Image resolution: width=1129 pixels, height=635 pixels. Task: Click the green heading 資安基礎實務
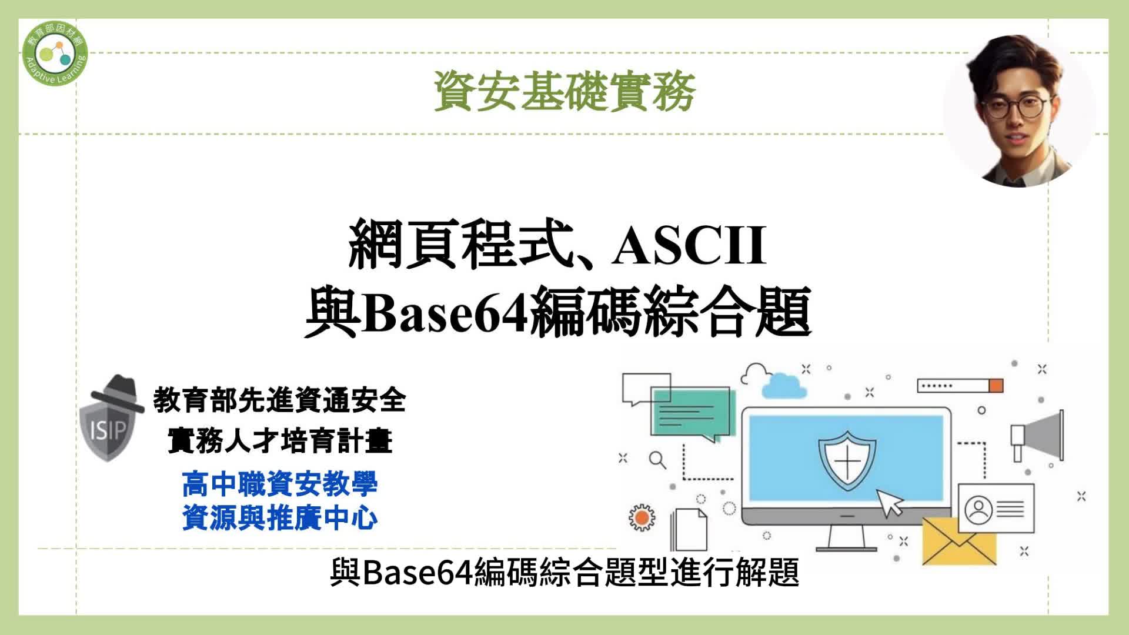click(x=564, y=91)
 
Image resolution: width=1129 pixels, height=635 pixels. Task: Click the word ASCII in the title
click(x=689, y=246)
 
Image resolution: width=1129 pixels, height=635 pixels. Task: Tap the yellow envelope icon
click(x=958, y=541)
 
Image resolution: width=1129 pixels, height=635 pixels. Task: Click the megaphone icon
click(x=1037, y=436)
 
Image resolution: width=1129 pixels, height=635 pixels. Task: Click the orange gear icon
click(x=642, y=517)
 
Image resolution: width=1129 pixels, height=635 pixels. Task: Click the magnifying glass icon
click(x=658, y=460)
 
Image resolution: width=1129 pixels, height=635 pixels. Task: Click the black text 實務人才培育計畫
click(x=280, y=440)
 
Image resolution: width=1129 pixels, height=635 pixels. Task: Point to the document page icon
click(x=689, y=529)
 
